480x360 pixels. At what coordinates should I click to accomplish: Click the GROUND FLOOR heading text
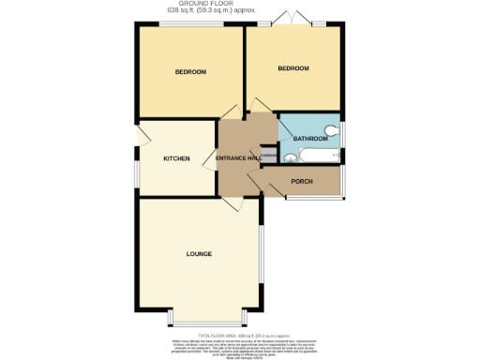(239, 4)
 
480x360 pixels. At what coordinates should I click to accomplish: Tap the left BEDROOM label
(190, 72)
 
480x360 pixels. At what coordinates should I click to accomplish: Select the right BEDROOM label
(293, 68)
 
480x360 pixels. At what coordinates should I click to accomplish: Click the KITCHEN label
(177, 158)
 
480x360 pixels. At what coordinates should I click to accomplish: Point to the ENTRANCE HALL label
(237, 158)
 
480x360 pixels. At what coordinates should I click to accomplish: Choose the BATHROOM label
(310, 139)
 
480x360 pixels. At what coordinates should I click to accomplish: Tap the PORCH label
(302, 180)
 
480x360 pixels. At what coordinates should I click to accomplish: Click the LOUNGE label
(198, 254)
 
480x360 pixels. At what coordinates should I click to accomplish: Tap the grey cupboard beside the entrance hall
(268, 157)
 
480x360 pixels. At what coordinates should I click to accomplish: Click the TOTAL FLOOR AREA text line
(239, 333)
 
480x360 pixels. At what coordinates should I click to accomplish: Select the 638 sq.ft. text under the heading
(239, 11)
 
